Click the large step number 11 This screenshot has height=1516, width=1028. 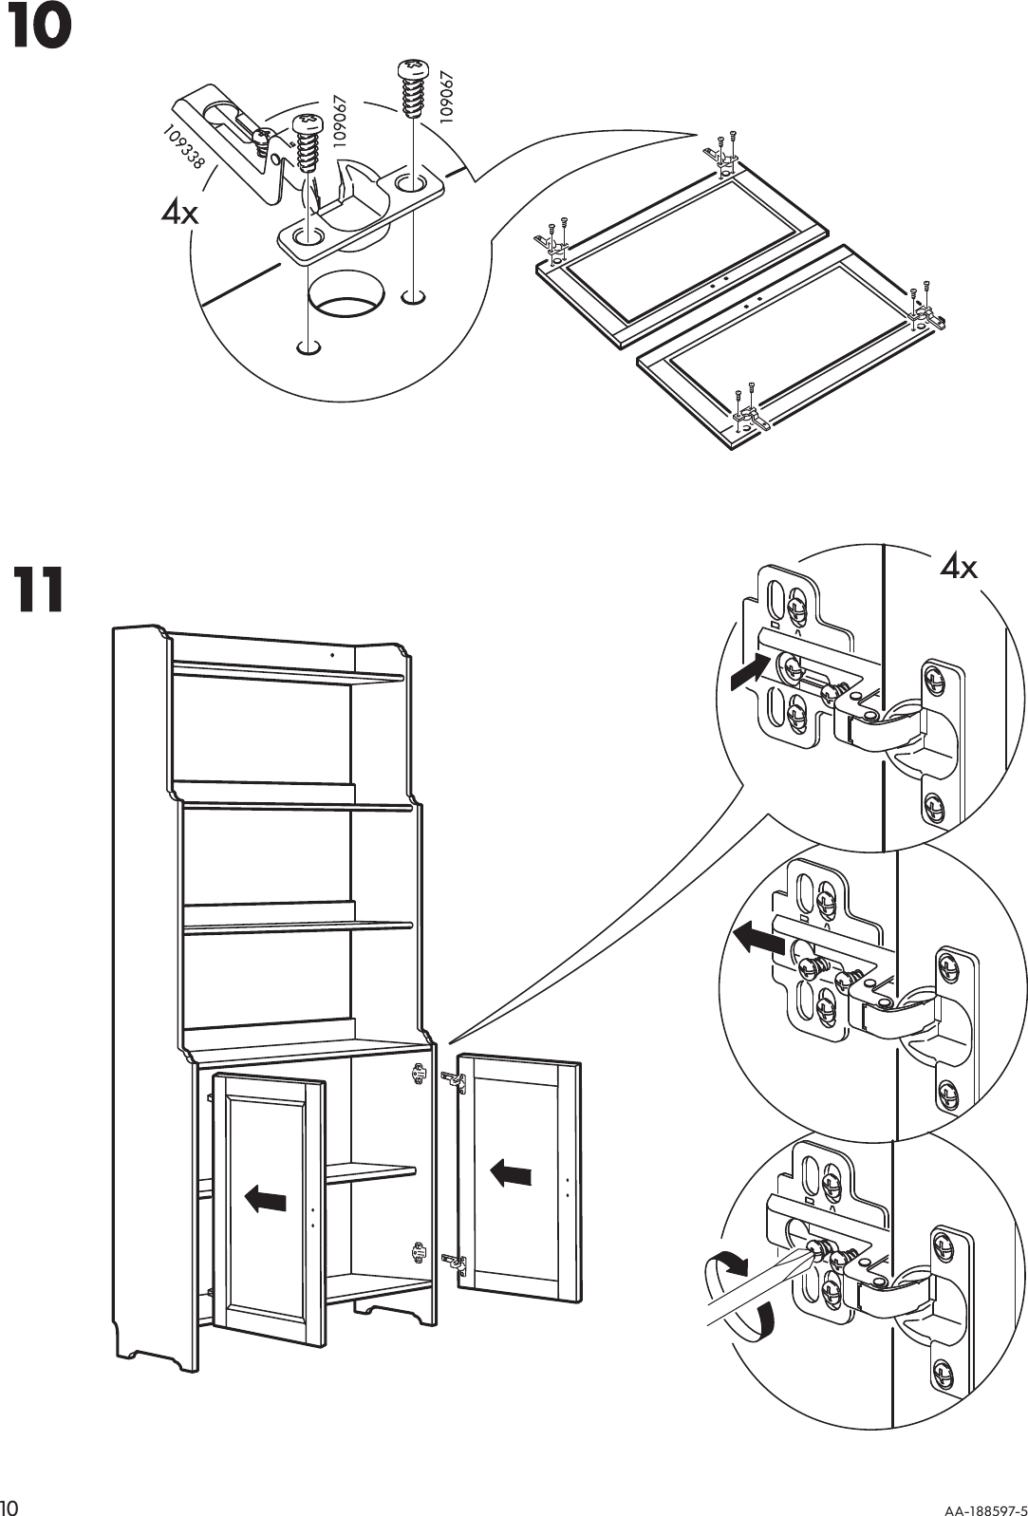click(39, 590)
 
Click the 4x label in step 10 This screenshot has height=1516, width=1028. click(180, 214)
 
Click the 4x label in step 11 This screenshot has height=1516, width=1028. click(959, 568)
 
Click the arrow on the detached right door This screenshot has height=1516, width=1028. click(512, 1174)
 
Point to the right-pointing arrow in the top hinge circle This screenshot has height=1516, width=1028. click(747, 671)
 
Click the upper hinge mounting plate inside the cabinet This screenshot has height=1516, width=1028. click(417, 1074)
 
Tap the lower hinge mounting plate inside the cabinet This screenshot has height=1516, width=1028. click(417, 1253)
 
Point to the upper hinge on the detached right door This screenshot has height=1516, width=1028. click(454, 1079)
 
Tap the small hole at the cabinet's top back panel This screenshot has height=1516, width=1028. click(332, 655)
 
